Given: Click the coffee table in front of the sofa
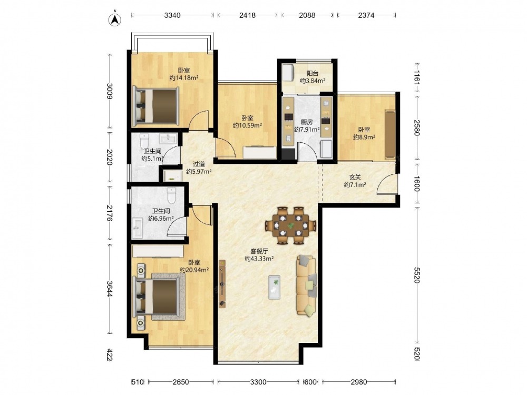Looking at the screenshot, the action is point(274,287).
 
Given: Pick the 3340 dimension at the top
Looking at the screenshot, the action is point(172,15).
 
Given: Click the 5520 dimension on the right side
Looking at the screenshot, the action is point(417,275).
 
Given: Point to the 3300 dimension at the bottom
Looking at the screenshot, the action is point(258,381).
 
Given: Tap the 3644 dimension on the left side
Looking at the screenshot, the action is point(110,289).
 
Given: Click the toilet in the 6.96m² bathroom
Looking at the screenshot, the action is point(171,195).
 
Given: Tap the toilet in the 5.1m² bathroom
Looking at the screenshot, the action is point(144,141).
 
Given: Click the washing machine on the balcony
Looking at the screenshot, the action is point(288,73).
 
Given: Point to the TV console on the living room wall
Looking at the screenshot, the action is point(222,284).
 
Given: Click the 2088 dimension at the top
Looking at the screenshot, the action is point(307,15).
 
